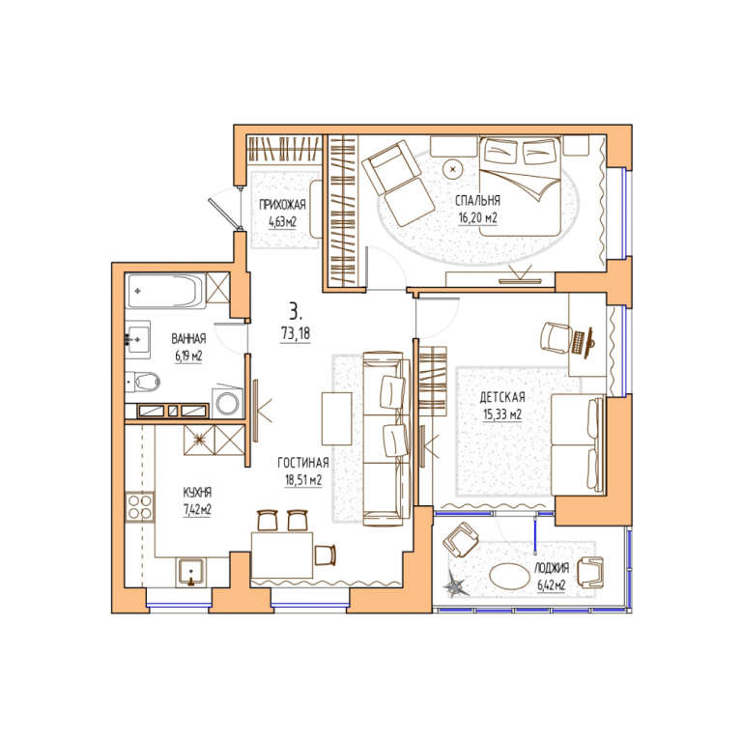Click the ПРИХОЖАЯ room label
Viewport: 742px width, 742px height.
tap(282, 205)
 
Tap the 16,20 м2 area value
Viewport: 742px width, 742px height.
tap(477, 218)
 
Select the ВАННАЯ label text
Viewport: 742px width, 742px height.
tap(188, 339)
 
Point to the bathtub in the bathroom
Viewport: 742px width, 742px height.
tap(165, 291)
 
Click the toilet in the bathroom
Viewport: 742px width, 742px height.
tap(143, 382)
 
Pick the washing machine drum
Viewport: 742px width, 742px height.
tap(229, 404)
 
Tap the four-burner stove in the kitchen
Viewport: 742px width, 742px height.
tap(139, 507)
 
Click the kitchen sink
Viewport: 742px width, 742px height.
tap(191, 572)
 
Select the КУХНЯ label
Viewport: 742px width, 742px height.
tap(197, 493)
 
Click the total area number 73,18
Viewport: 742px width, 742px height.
tap(296, 333)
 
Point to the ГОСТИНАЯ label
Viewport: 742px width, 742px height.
tap(302, 463)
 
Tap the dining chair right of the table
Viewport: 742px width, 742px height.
tap(325, 555)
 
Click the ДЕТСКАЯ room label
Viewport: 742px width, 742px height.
tap(502, 397)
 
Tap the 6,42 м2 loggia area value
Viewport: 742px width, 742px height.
tap(552, 585)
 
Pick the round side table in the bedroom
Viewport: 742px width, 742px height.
tap(453, 168)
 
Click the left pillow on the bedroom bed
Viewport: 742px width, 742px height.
tap(501, 152)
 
